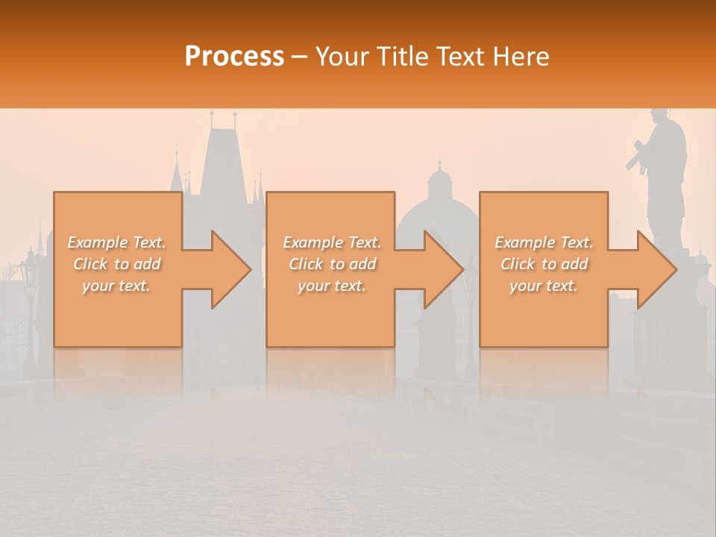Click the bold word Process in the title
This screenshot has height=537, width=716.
pos(234,57)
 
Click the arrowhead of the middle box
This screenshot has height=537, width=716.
pos(443,269)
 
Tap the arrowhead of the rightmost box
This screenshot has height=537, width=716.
pos(656,269)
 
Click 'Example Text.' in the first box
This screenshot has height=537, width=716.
pos(117,242)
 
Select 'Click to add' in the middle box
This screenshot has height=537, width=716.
pos(332,264)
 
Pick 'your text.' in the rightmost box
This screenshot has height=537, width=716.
pos(544,286)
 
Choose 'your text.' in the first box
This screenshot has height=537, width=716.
pos(117,286)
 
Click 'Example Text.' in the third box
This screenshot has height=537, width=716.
pos(544,242)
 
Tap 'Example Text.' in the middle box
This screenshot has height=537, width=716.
pos(332,242)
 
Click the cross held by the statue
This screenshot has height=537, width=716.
pos(635,157)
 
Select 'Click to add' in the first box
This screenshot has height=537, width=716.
pos(117,264)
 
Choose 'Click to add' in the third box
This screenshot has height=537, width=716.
pos(544,264)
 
